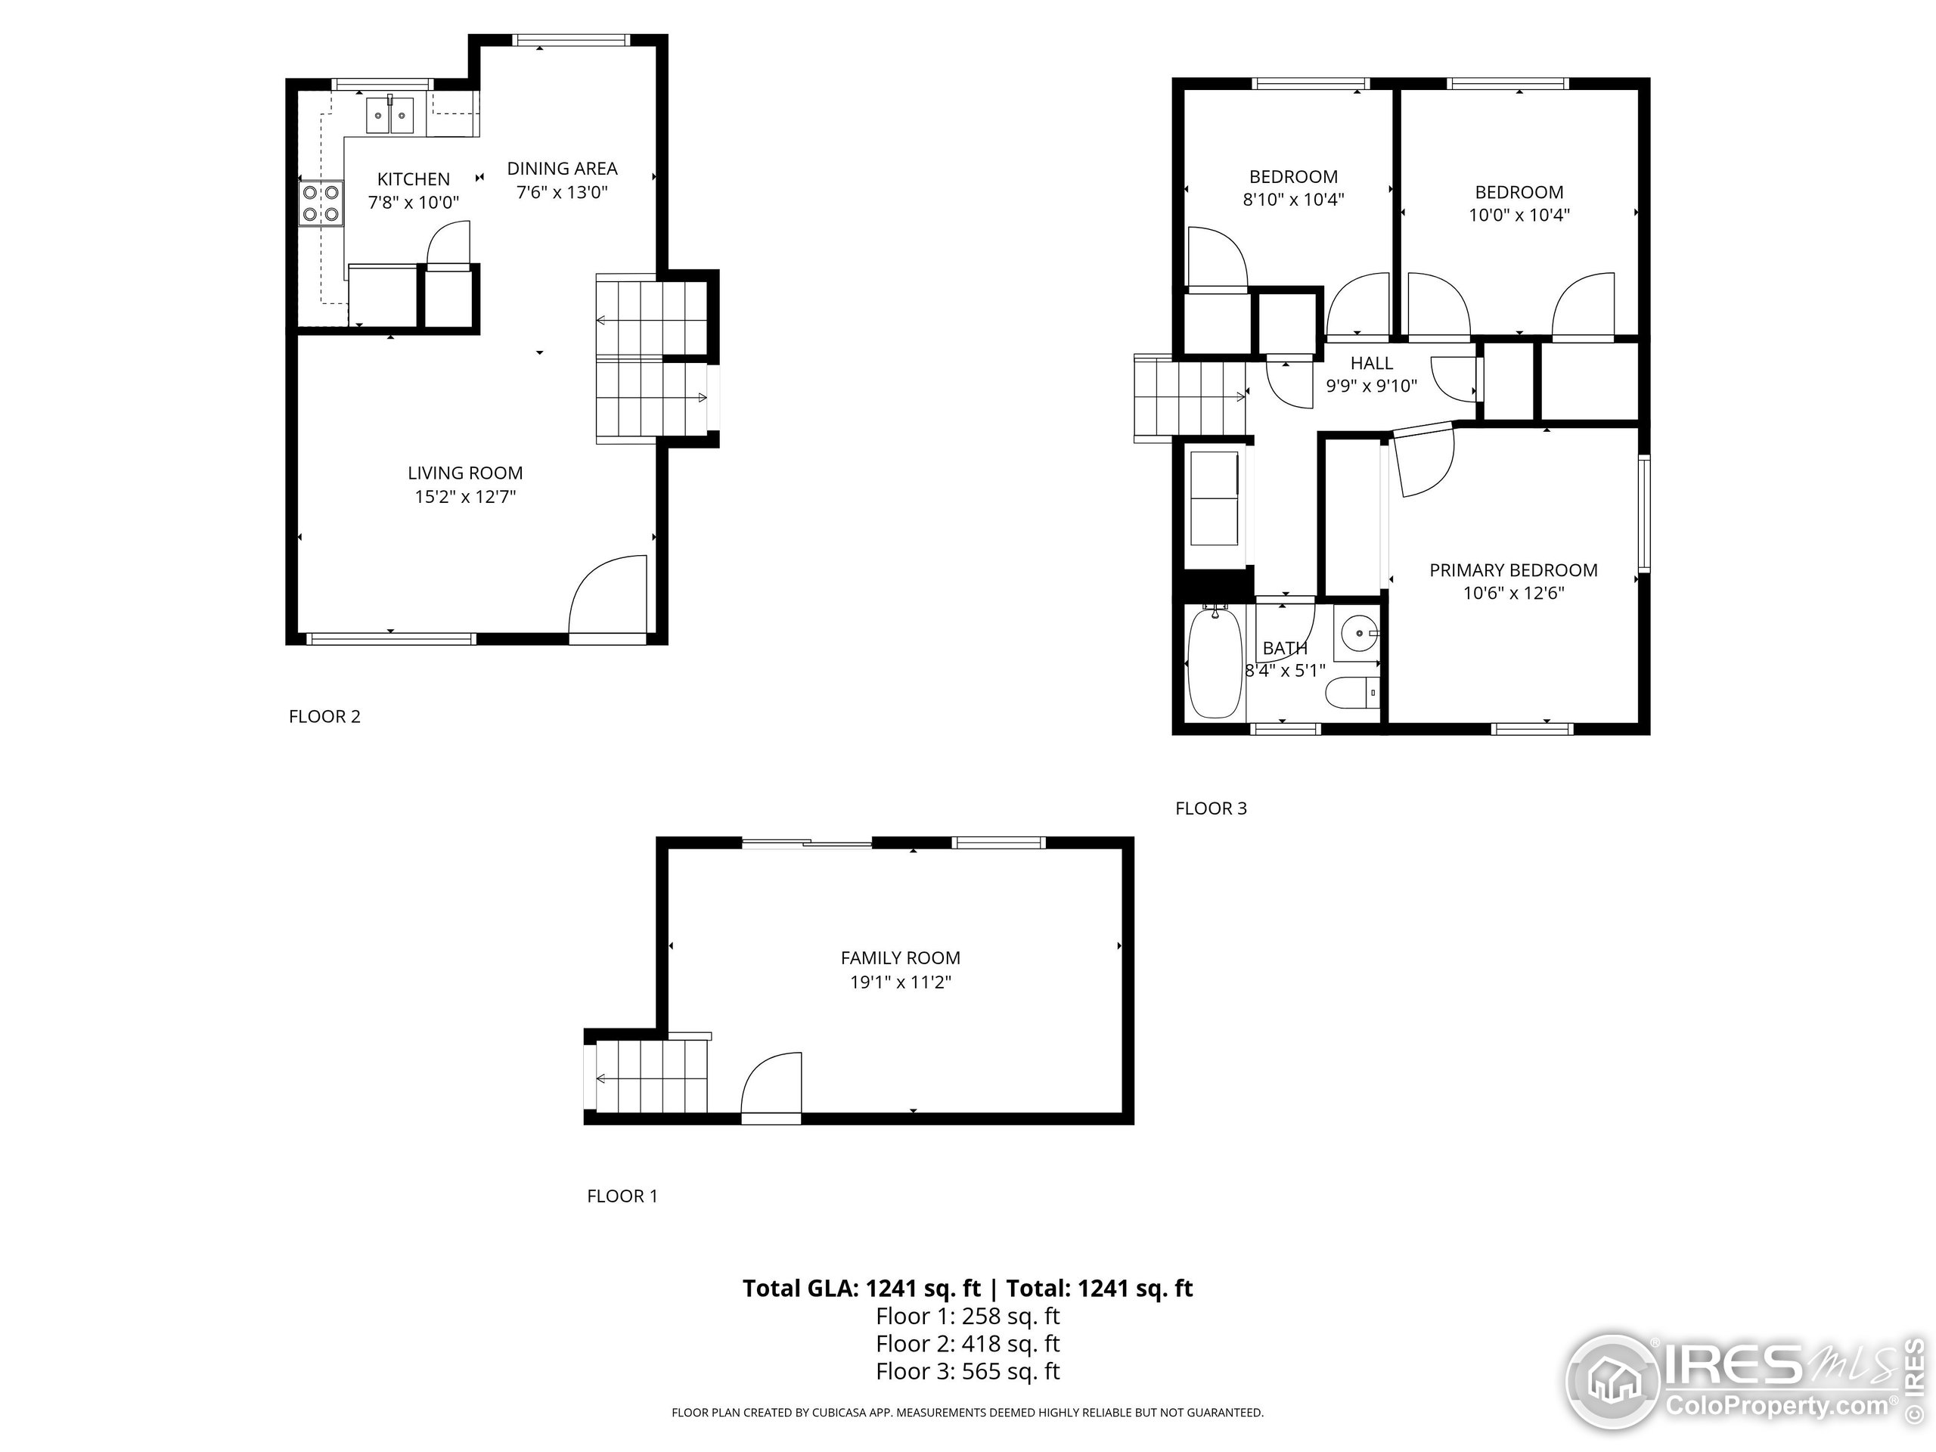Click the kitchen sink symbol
389,115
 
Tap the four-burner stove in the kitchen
321,202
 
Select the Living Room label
465,473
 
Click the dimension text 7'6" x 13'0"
562,191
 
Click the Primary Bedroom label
1513,569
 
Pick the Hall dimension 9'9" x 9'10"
1372,386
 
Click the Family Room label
901,957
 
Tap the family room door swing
772,1085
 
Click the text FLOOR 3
1211,808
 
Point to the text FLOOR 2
324,716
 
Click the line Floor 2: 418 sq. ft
967,1343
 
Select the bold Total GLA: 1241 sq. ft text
861,1289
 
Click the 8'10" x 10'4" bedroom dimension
1292,200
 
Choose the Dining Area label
562,168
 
